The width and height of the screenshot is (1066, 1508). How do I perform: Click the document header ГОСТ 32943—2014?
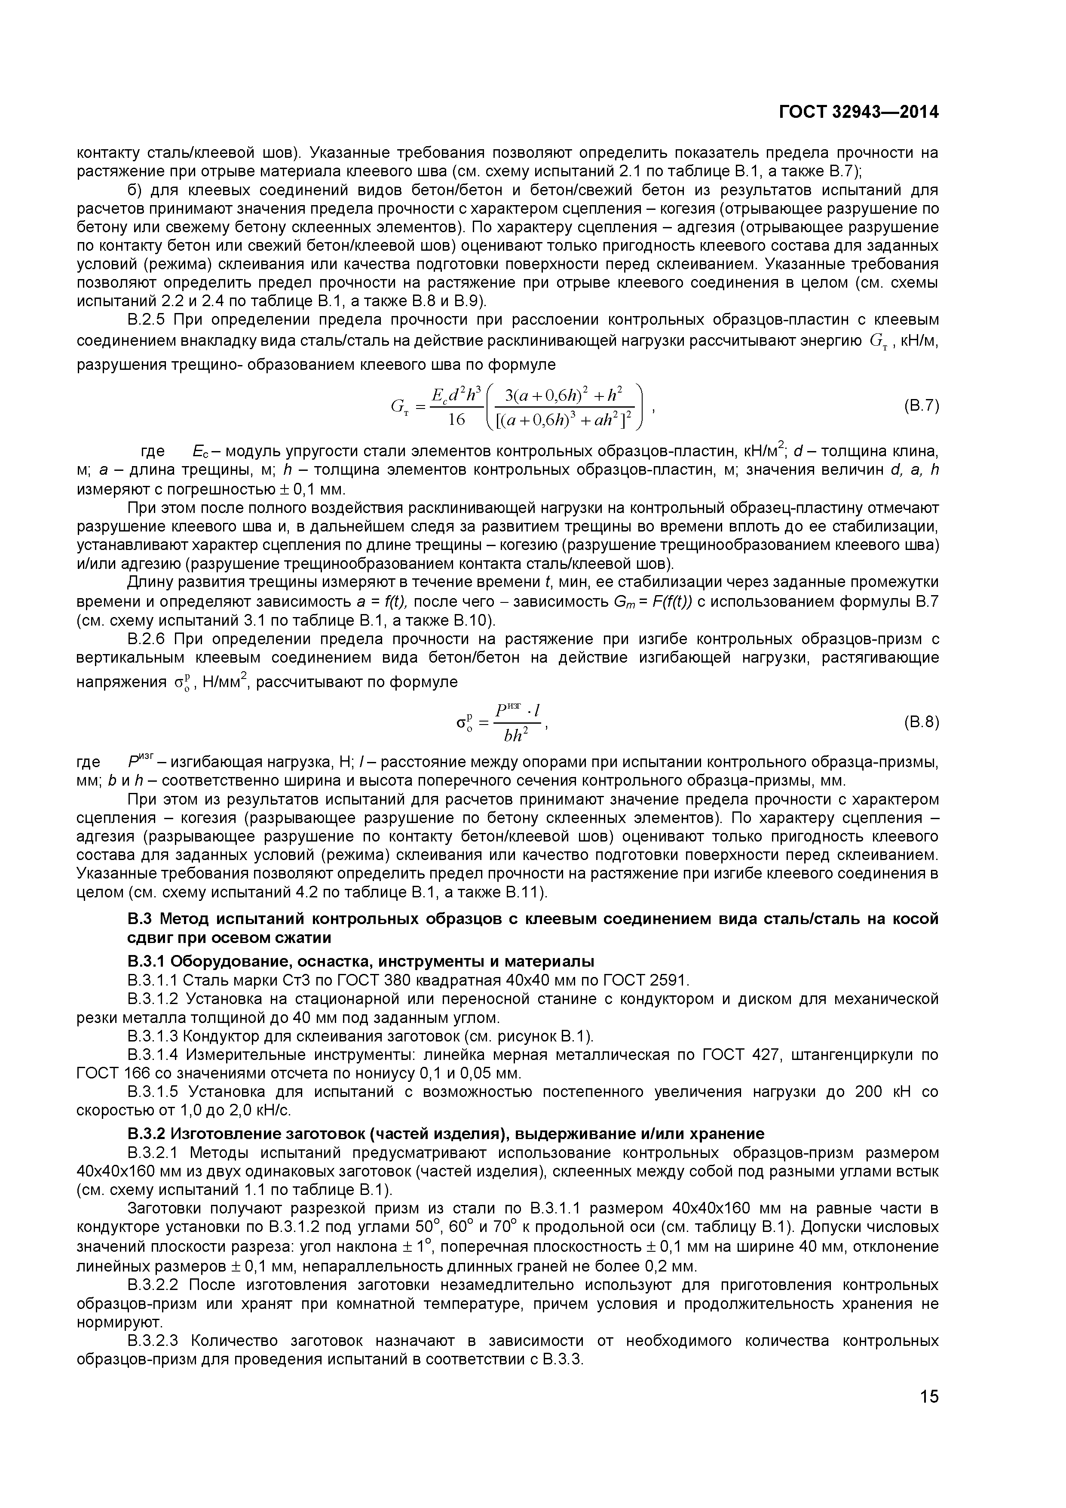click(x=858, y=112)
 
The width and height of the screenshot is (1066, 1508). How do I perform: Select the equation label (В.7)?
click(x=921, y=406)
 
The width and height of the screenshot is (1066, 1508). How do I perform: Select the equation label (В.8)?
click(x=921, y=722)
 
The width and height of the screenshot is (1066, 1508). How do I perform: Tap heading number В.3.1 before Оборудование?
click(x=147, y=961)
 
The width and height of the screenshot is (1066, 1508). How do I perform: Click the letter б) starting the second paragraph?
click(x=135, y=190)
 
